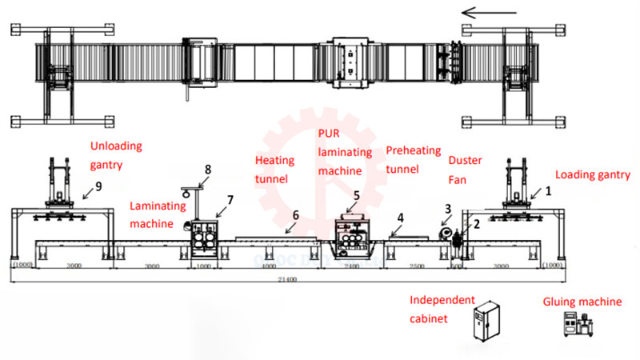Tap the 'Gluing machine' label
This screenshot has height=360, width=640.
pos(582,302)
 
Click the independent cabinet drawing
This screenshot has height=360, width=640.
pos(487,329)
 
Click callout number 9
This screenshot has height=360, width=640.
pos(98,187)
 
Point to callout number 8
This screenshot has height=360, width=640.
pos(207,170)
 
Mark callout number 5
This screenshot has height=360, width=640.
pos(357,194)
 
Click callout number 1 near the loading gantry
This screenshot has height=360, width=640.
pos(549,192)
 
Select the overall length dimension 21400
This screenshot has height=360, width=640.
pos(286,279)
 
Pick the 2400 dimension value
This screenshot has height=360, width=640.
pos(353,266)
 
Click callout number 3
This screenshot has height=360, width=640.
pos(448,208)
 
